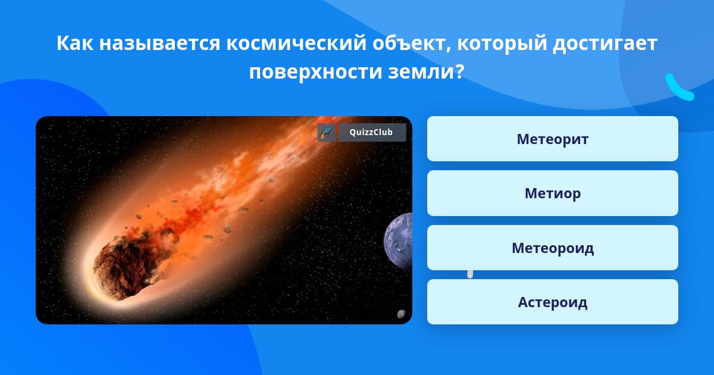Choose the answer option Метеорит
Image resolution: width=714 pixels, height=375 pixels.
point(552,139)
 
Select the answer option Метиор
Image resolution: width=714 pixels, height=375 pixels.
point(552,193)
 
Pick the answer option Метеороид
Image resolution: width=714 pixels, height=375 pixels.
point(552,248)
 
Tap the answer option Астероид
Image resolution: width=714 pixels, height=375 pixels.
point(552,302)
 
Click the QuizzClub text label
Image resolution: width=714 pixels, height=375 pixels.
point(371,132)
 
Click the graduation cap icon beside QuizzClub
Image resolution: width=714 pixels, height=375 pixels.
point(327,132)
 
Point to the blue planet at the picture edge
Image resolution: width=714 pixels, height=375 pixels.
point(398,241)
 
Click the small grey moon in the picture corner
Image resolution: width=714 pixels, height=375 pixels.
point(401,314)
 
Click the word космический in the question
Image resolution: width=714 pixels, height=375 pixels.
point(296,43)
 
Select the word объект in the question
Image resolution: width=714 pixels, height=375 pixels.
point(412,43)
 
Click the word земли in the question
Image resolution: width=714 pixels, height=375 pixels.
point(421,72)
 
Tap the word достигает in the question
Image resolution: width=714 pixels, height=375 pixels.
point(605,44)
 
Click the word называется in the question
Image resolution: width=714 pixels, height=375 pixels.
point(159,43)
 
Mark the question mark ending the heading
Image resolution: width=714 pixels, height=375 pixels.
point(459,71)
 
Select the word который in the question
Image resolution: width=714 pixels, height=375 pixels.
point(502,43)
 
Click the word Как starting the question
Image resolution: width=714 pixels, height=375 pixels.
point(75,43)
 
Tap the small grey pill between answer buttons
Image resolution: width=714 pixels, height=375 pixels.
point(470,274)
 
